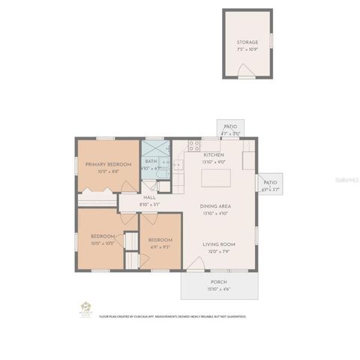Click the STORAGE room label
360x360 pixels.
pos(247,43)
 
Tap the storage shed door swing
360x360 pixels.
pos(245,71)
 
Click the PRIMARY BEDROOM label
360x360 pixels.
pos(108,164)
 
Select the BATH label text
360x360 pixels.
pos(151,161)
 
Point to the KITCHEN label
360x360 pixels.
pos(214,154)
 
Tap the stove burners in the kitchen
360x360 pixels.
pos(193,145)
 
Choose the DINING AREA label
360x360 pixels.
pos(214,206)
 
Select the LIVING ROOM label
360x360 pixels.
pos(219,244)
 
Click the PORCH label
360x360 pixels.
pos(218,282)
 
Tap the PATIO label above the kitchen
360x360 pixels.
pos(230,127)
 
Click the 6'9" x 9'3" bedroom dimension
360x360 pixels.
pos(160,245)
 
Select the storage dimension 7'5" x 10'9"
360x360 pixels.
pos(247,49)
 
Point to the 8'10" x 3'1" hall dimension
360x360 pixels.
pos(150,204)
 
